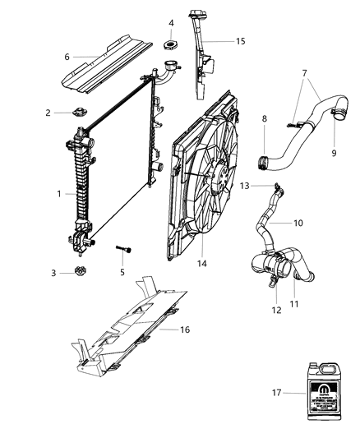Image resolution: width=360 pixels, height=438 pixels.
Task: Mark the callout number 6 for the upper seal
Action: [x=67, y=57]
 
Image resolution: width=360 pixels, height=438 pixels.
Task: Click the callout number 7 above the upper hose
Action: [x=306, y=72]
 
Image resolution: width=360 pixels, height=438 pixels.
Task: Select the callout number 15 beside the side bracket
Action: [x=240, y=40]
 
